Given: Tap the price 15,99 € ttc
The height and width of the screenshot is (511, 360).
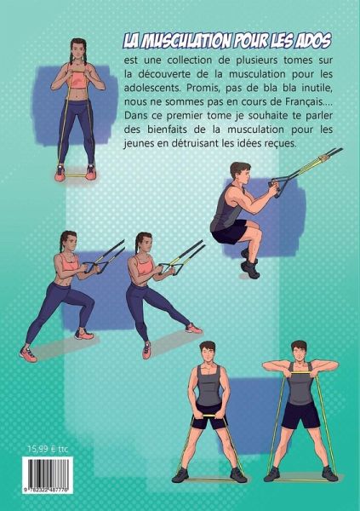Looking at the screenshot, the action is pos(48,449).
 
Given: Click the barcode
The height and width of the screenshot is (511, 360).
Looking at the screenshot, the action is pos(48,475).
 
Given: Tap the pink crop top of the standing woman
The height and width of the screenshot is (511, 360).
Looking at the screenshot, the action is pos(77,79).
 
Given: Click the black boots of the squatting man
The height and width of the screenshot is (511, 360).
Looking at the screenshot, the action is pos(249,264).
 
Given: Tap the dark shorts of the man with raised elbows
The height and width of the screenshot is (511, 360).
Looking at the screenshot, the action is pos(300,415).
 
